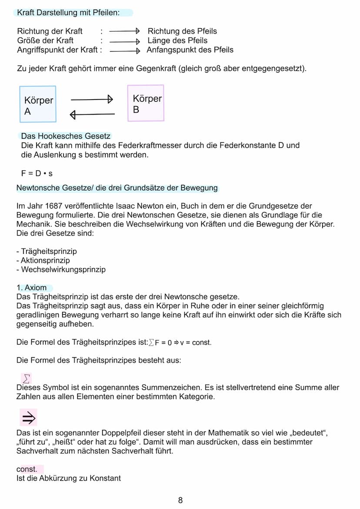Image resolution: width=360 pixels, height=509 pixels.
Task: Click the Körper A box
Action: pyautogui.click(x=38, y=104)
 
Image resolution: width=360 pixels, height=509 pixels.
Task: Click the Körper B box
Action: pyautogui.click(x=146, y=103)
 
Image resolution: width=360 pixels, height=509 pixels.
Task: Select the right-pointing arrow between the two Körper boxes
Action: pyautogui.click(x=92, y=100)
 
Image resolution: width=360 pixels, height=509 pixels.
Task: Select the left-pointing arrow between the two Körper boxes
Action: pyautogui.click(x=92, y=114)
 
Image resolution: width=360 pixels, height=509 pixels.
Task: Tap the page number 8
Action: pyautogui.click(x=180, y=500)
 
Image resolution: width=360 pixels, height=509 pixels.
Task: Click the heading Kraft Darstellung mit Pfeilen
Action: pyautogui.click(x=68, y=13)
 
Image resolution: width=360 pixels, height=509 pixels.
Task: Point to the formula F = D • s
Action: pyautogui.click(x=37, y=173)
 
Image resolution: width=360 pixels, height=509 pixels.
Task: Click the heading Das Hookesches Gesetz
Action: pyautogui.click(x=66, y=136)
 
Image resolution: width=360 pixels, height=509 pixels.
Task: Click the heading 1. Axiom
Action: pyautogui.click(x=31, y=288)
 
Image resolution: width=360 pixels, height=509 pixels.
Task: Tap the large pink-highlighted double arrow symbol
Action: pyautogui.click(x=28, y=418)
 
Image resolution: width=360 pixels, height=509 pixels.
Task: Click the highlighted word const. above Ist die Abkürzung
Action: pyautogui.click(x=27, y=469)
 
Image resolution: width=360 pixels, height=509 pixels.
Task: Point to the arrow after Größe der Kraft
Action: pyautogui.click(x=124, y=41)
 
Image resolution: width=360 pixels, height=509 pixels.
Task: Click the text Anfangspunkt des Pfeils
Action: pyautogui.click(x=190, y=50)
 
